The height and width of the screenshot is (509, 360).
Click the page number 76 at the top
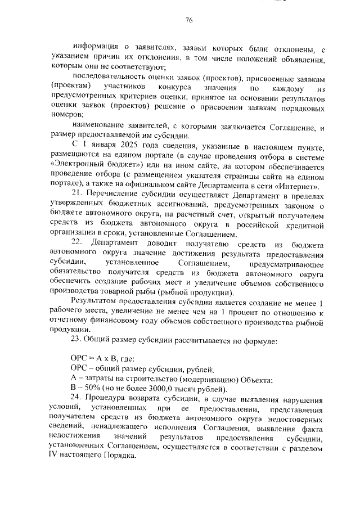189,21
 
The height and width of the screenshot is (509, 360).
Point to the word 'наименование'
98,127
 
